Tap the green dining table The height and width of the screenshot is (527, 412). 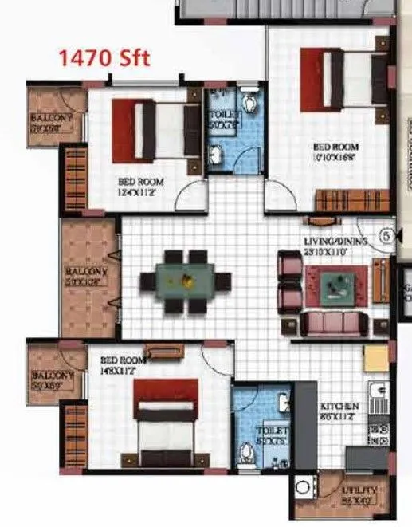click(185, 281)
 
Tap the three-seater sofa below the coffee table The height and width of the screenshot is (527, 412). click(334, 322)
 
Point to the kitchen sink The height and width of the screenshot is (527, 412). click(379, 391)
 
